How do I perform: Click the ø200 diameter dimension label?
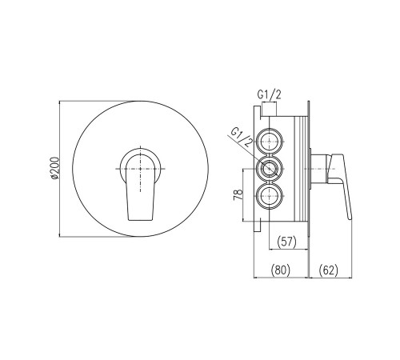pos(54,169)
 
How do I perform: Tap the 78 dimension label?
pos(238,194)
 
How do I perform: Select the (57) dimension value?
pos(286,242)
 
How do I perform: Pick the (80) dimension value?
pos(280,270)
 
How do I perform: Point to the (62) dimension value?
pos(328,270)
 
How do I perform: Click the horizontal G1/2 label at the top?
pos(269,95)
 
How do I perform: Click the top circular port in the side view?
pos(270,141)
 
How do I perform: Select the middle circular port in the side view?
pos(270,169)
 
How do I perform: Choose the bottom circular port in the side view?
pos(270,197)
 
